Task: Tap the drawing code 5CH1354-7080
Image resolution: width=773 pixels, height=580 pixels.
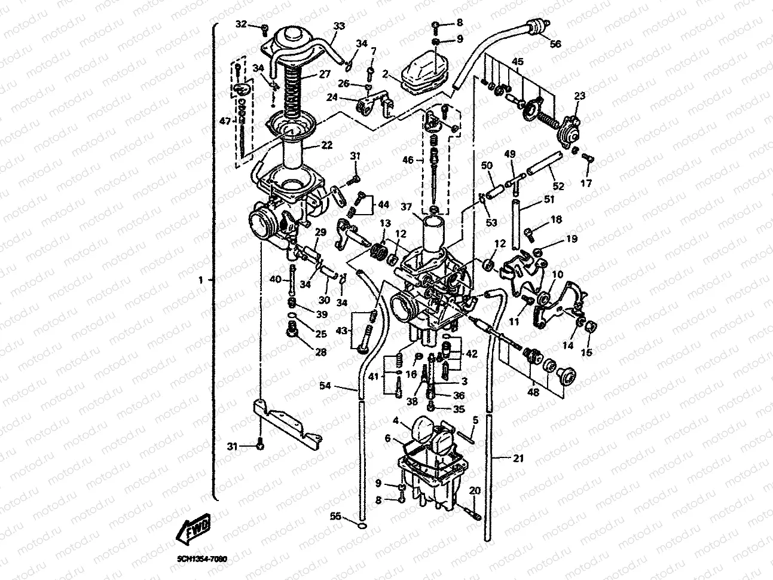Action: coord(202,559)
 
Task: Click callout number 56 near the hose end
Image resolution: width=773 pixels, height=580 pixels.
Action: coord(555,44)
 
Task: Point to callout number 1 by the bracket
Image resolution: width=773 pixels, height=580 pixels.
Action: coord(201,280)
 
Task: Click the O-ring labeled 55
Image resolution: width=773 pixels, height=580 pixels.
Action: coord(360,525)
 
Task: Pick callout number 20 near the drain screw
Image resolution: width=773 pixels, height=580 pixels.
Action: coord(475,490)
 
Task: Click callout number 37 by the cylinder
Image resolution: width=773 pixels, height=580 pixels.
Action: coord(407,207)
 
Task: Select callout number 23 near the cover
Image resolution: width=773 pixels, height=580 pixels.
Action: coord(579,95)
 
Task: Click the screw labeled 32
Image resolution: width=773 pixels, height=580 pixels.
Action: coord(264,26)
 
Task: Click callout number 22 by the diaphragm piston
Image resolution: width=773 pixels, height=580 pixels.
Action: coord(326,146)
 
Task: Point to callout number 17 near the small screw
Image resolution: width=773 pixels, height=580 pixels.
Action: coord(586,184)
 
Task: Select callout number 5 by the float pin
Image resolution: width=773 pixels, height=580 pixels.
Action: coord(475,421)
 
